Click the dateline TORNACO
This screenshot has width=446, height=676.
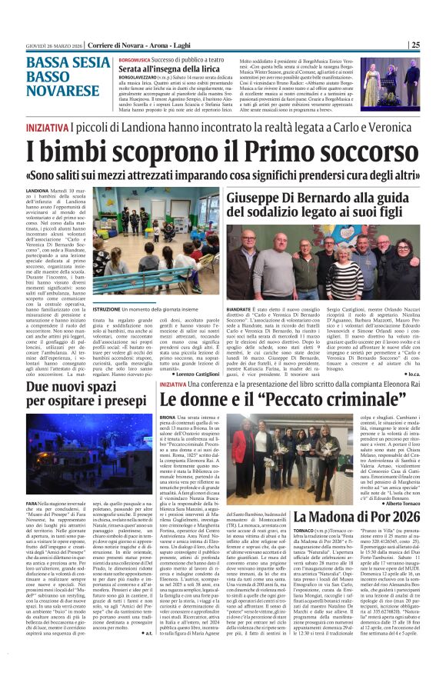304,530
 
